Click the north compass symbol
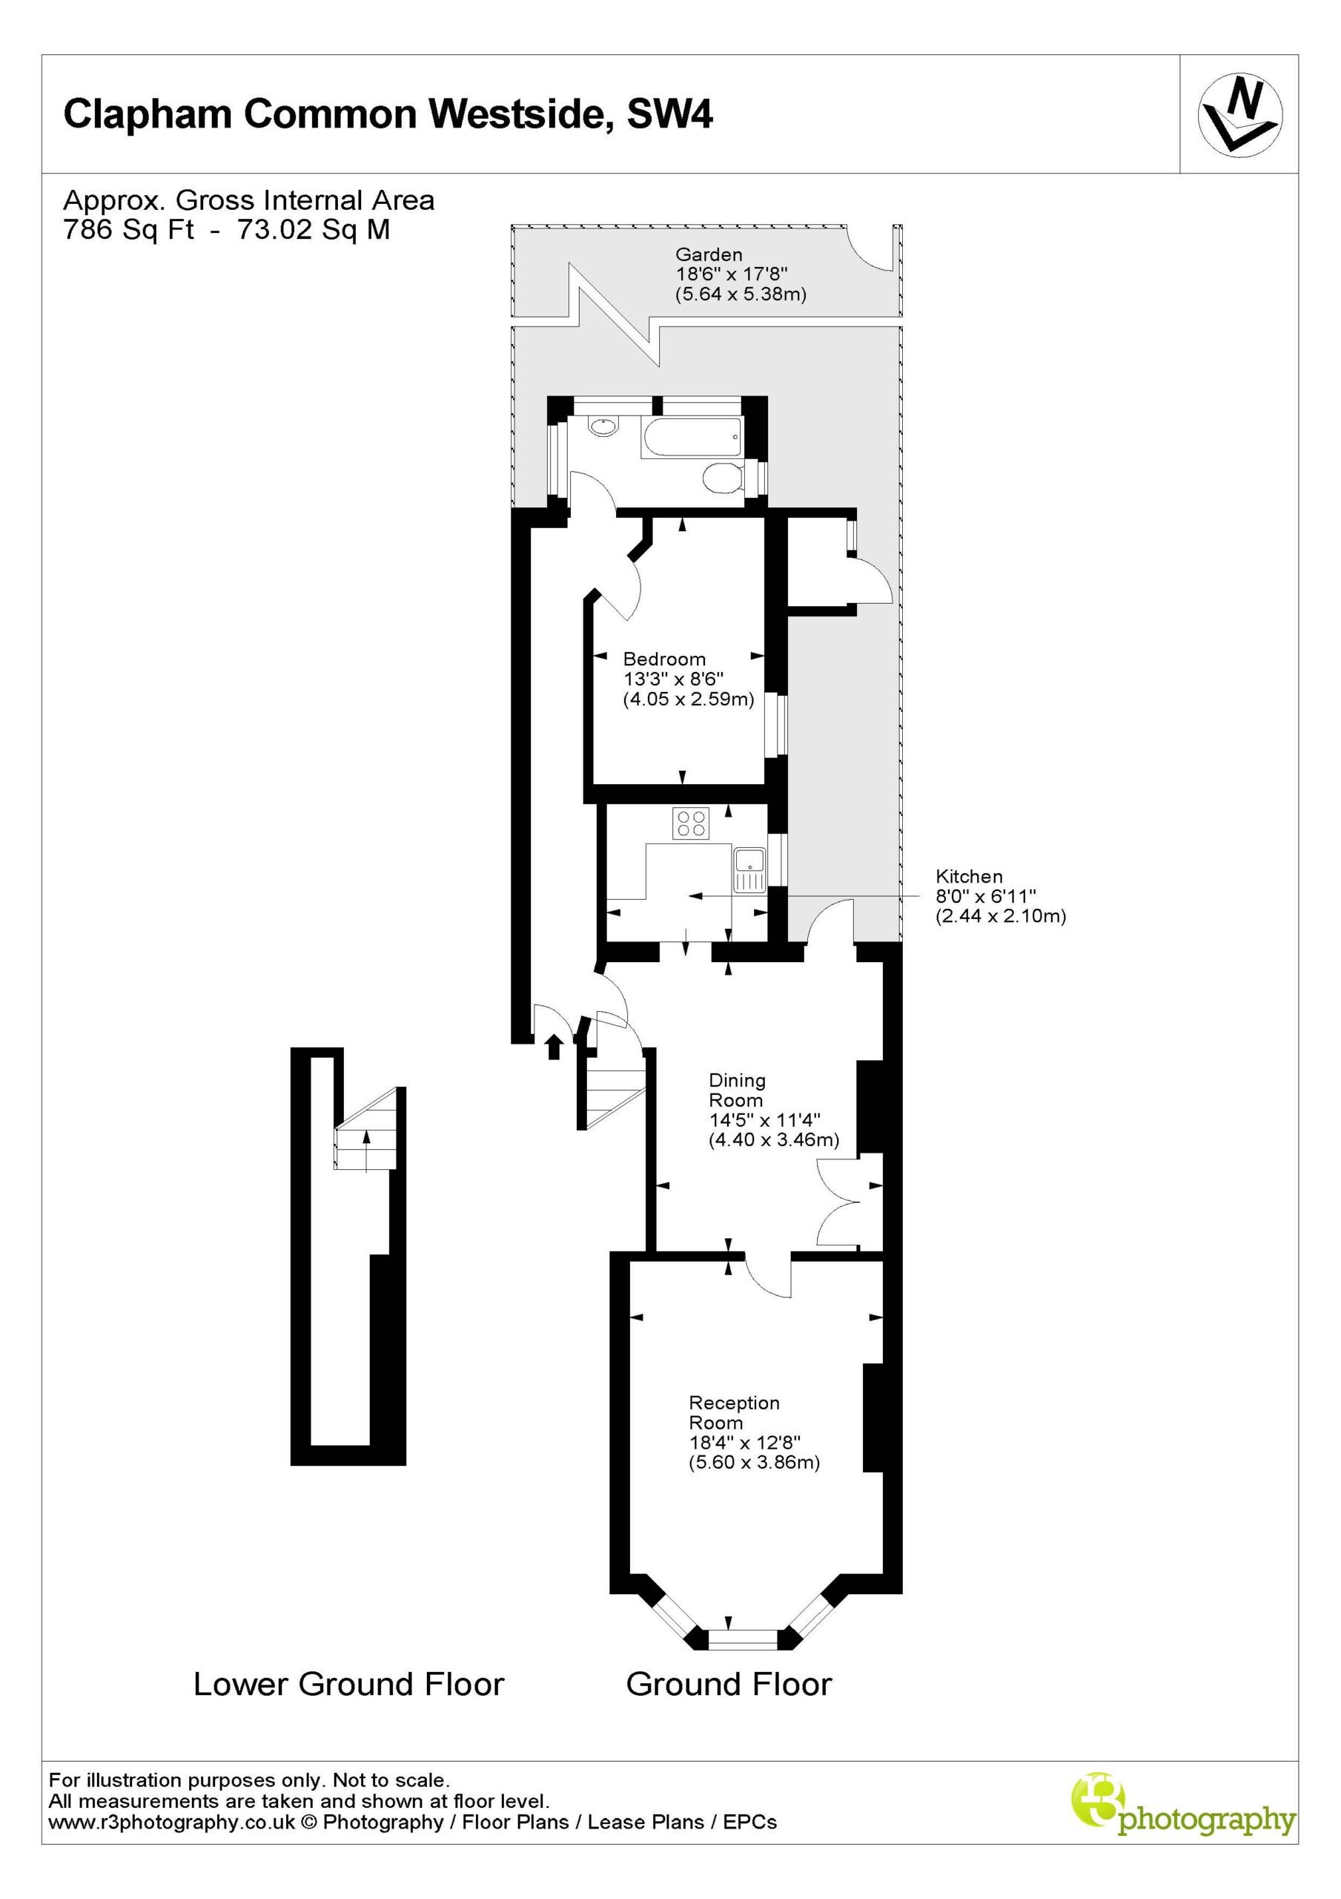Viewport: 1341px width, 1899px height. (x=1240, y=115)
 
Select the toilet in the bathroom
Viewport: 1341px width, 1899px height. (x=724, y=477)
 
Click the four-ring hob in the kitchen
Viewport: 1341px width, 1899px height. (x=691, y=822)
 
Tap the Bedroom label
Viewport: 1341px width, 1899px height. (x=664, y=659)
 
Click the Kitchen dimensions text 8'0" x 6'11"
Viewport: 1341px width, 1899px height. (x=985, y=896)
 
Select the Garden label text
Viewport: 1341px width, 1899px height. (x=709, y=254)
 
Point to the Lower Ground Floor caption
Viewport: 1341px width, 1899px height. (x=348, y=1684)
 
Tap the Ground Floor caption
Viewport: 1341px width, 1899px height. (x=729, y=1684)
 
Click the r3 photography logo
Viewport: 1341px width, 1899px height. (x=1183, y=1817)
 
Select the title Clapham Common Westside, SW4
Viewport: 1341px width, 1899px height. (x=388, y=114)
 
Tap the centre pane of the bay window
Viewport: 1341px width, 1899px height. (x=743, y=1639)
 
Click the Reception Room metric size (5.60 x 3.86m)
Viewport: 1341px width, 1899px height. (x=754, y=1462)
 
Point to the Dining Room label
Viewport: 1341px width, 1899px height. (x=737, y=1090)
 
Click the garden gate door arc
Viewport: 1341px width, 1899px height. (x=868, y=254)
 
